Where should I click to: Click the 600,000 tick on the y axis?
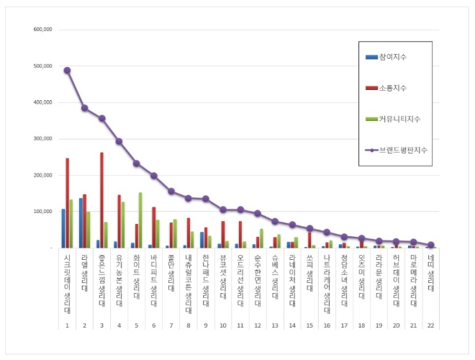coord(43,30)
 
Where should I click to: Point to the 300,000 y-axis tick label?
coord(43,139)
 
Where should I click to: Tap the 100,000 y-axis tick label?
coord(43,212)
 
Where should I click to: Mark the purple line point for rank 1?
coord(67,71)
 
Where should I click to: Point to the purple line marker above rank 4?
coord(119,141)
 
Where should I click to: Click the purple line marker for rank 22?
coord(430,245)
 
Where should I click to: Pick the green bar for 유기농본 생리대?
coord(123,225)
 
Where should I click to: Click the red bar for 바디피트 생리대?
coord(153,228)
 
